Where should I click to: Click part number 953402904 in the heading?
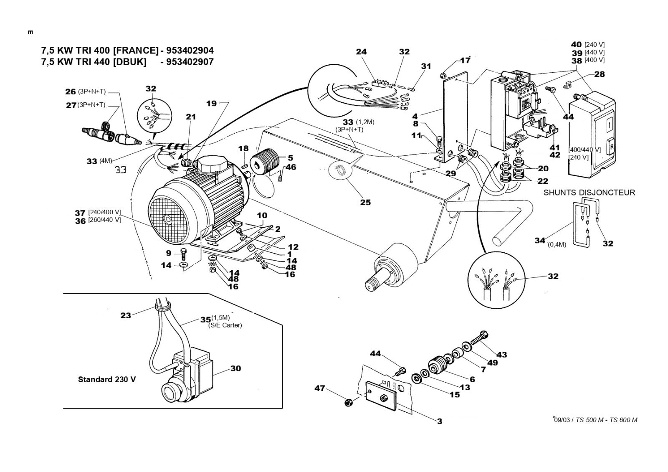point(190,51)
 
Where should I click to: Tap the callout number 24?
point(361,52)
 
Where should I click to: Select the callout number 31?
point(425,66)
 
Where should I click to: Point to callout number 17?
point(465,60)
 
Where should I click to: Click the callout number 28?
point(600,74)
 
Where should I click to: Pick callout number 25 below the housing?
point(366,202)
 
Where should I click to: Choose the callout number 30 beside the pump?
point(235,368)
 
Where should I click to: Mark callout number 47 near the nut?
point(319,388)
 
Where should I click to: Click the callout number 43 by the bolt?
point(501,354)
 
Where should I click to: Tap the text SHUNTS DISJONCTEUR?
point(589,193)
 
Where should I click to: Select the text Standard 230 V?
point(107,380)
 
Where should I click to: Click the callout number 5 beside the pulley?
point(290,158)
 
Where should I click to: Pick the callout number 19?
point(212,103)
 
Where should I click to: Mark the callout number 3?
point(440,421)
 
